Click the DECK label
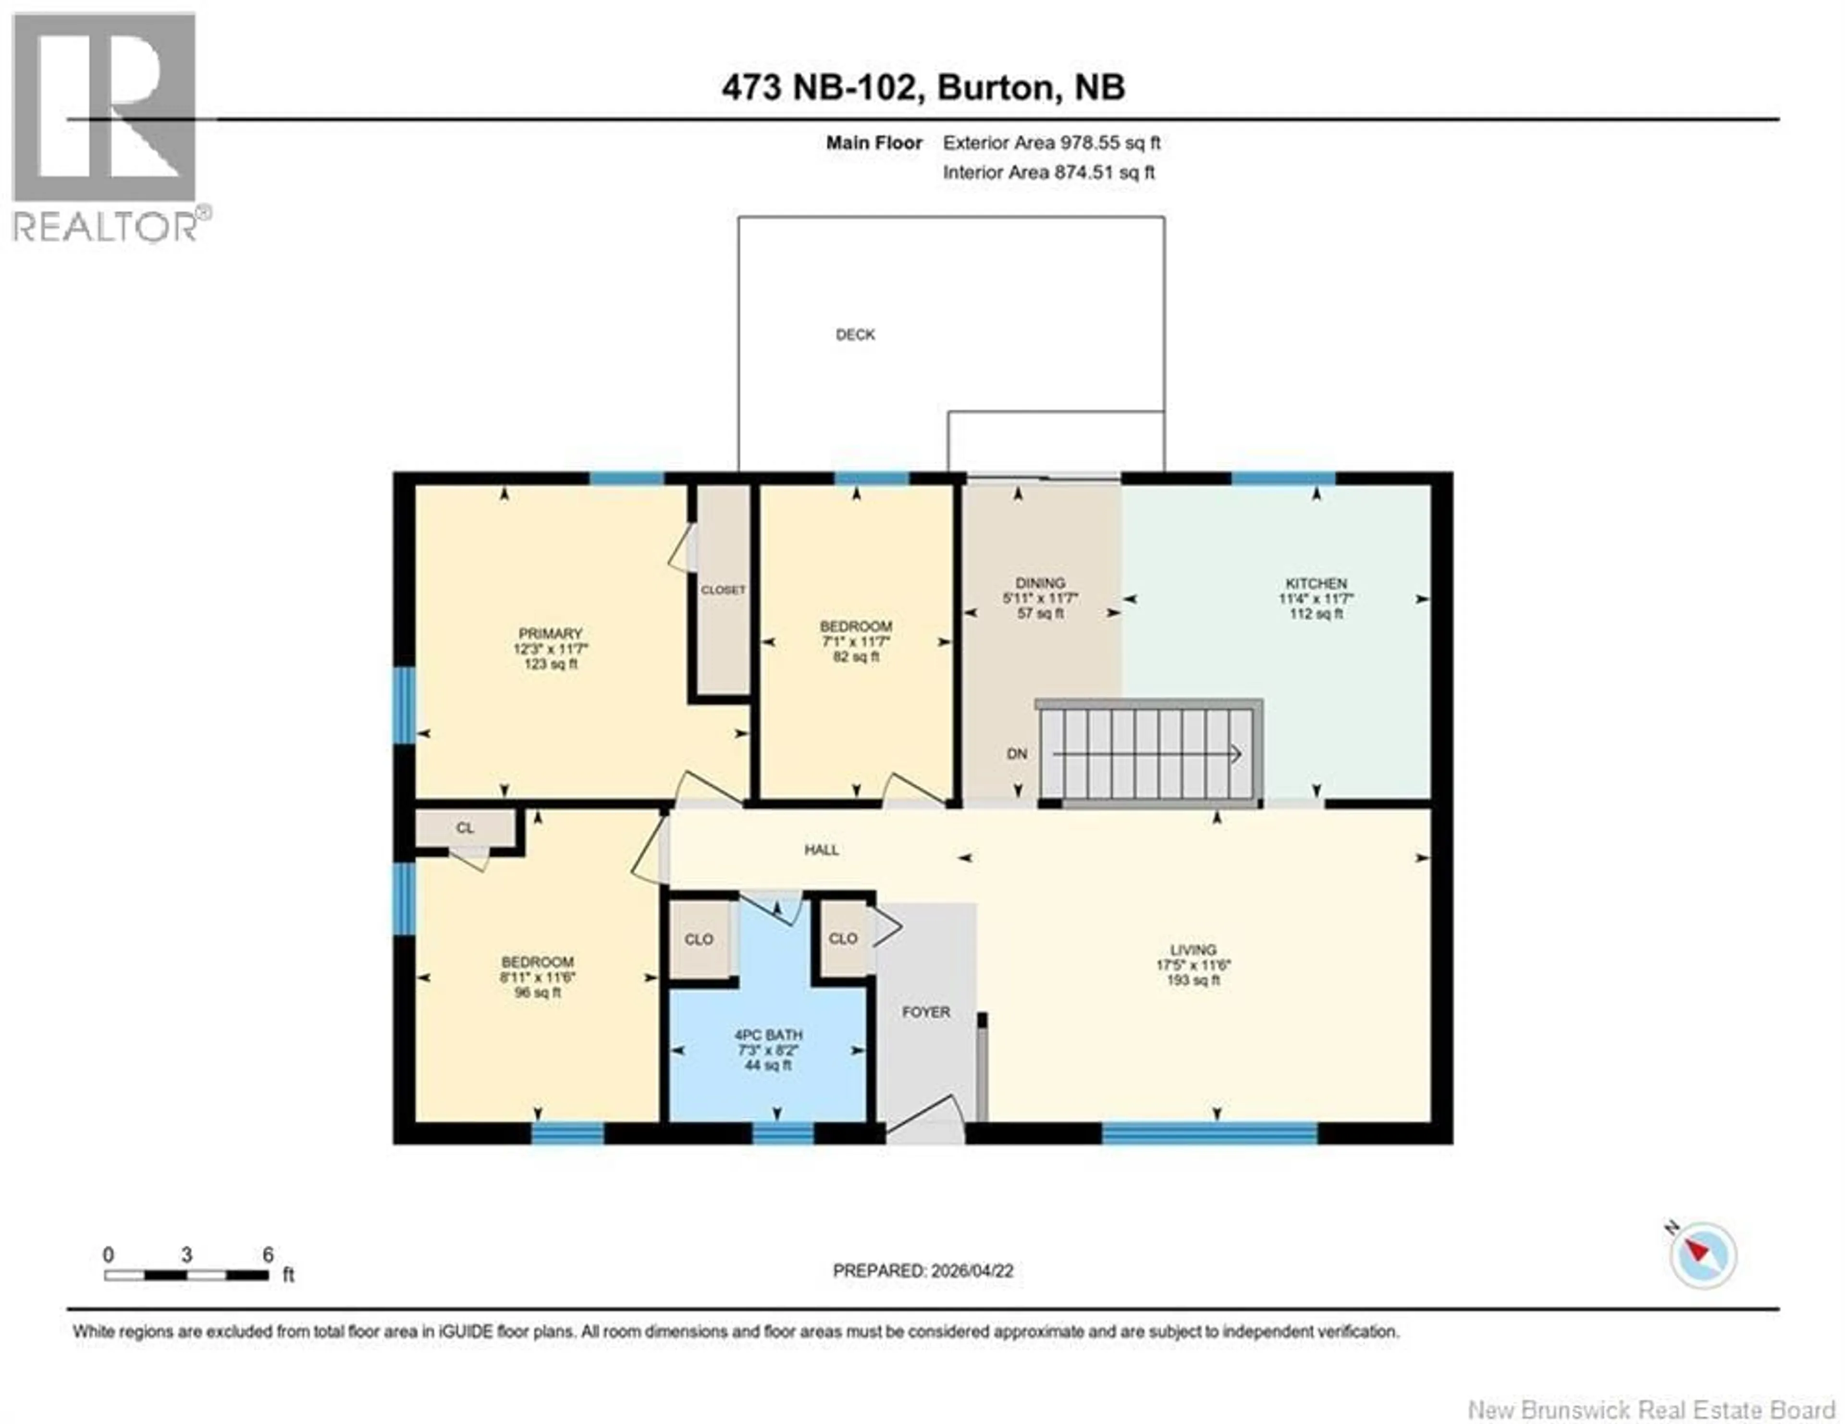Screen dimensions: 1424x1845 pos(855,334)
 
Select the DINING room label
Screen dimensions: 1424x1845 pos(1040,583)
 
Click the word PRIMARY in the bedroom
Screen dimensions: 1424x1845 pos(550,634)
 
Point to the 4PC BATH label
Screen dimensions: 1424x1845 pos(768,1035)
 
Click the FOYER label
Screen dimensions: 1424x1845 pos(926,1012)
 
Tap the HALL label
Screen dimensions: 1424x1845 pos(821,850)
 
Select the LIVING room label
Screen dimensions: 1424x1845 pos(1193,949)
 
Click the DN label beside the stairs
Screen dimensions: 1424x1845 pos(1017,753)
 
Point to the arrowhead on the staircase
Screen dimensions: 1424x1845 pos(1237,753)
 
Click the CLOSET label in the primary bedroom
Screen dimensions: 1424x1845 pos(723,589)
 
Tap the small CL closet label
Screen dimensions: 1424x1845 pos(465,828)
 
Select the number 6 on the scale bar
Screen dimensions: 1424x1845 pos(268,1254)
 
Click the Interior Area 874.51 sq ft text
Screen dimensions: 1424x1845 pos(1048,172)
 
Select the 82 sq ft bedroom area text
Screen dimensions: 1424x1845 pos(856,656)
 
